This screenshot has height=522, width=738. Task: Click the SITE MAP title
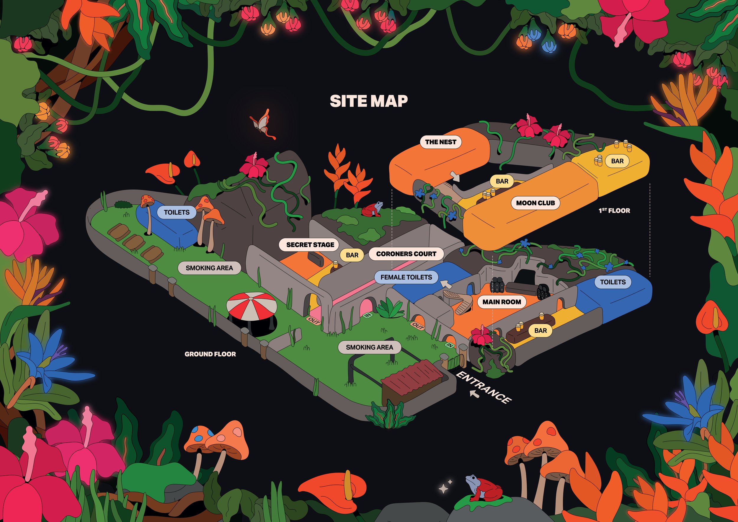tap(369, 101)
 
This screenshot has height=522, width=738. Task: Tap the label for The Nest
tap(440, 142)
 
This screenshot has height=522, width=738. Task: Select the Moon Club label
tap(535, 203)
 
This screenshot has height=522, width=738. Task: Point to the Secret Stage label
tap(310, 244)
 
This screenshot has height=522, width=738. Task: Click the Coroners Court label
tap(406, 254)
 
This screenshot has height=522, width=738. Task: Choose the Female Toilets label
tap(406, 277)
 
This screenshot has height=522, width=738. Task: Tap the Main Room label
tap(502, 302)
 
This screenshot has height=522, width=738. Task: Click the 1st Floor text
tap(614, 211)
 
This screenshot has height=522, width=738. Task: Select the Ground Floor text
tap(210, 354)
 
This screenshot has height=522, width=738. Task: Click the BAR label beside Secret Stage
tap(352, 255)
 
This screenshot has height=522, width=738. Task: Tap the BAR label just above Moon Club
tap(502, 181)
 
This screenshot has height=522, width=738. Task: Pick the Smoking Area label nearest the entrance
tap(369, 347)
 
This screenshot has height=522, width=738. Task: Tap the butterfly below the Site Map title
tap(263, 125)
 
